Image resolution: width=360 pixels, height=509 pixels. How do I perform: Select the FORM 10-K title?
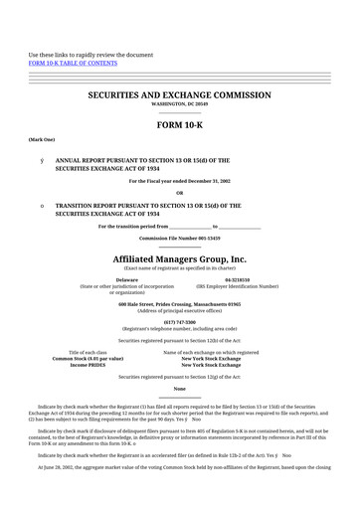pyautogui.click(x=180, y=127)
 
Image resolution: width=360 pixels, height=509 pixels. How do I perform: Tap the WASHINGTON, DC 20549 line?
pyautogui.click(x=180, y=102)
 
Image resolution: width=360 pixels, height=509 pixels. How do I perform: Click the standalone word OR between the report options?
pyautogui.click(x=180, y=193)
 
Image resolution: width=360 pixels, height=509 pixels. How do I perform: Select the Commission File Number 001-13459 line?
pyautogui.click(x=180, y=240)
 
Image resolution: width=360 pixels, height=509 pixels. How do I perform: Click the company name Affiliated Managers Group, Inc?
pyautogui.click(x=180, y=258)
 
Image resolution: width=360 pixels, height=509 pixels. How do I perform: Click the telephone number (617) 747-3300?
pyautogui.click(x=180, y=322)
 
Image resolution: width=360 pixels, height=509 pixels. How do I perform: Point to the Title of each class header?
pyautogui.click(x=89, y=352)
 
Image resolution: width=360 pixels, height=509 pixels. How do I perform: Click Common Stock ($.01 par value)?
pyautogui.click(x=88, y=358)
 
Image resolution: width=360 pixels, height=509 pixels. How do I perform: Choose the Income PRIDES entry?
pyautogui.click(x=88, y=365)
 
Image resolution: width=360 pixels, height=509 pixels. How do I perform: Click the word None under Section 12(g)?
pyautogui.click(x=180, y=390)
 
